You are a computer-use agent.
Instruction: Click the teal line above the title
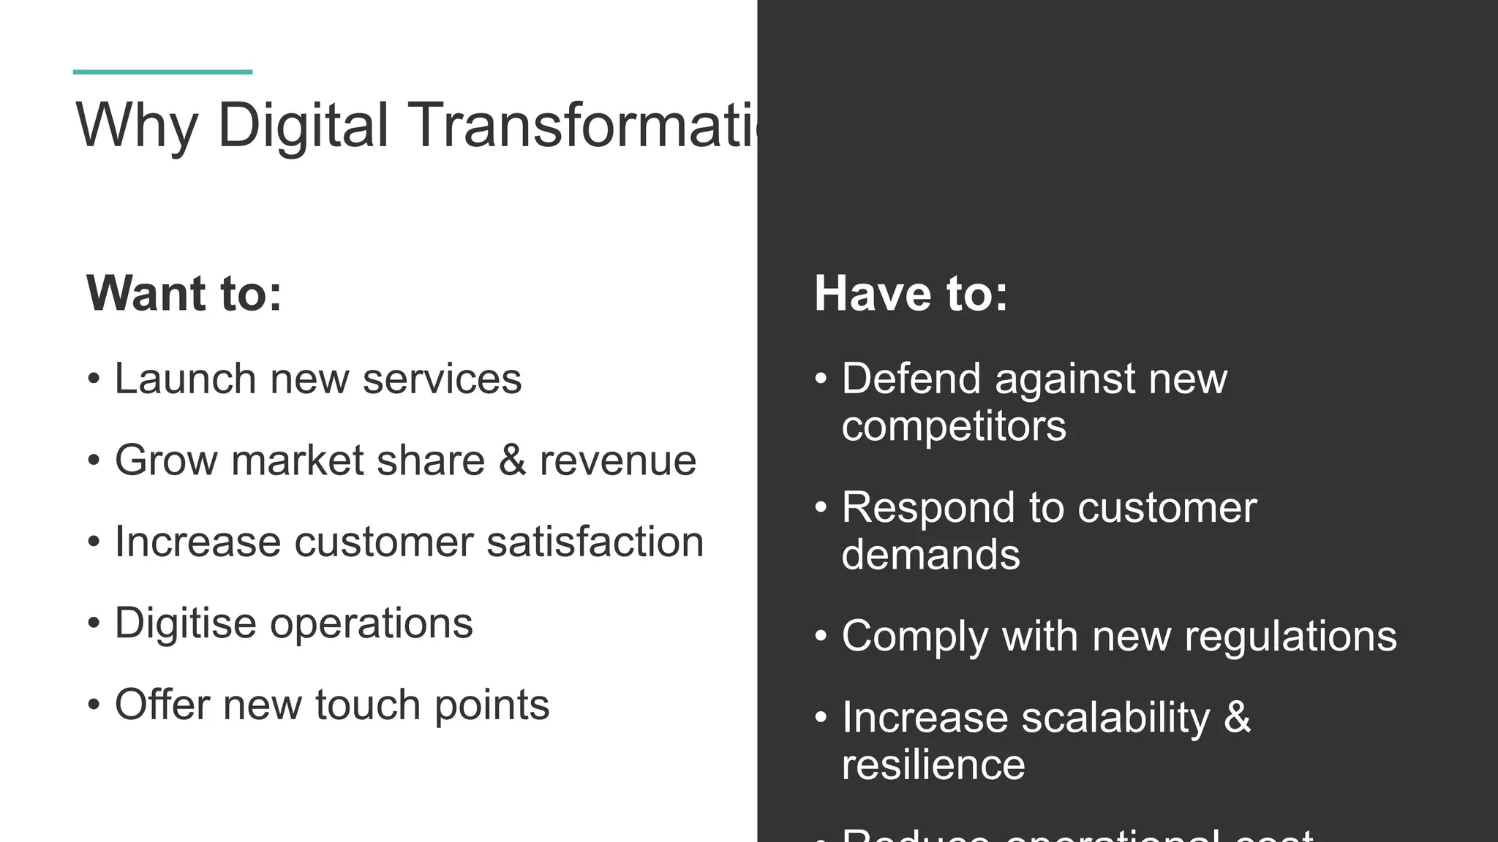tap(162, 72)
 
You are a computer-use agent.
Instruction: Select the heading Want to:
tap(184, 294)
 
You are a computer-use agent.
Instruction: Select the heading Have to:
tap(911, 294)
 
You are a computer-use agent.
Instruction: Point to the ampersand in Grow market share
tap(512, 460)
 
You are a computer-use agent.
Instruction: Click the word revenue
tap(617, 461)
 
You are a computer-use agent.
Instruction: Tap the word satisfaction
tap(595, 542)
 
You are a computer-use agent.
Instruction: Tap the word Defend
tap(911, 379)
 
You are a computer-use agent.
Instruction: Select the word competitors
tap(953, 427)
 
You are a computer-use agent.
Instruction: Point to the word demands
tap(930, 555)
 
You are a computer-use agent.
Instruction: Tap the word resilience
tap(933, 765)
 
